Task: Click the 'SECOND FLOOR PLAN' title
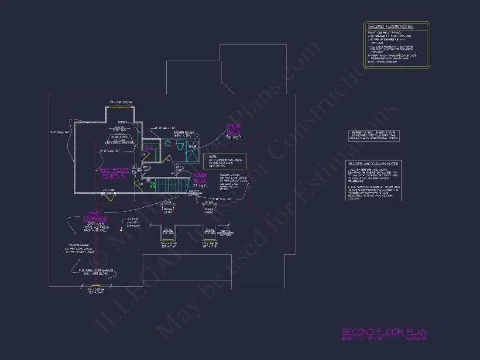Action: pyautogui.click(x=384, y=332)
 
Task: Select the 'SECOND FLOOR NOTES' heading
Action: pyautogui.click(x=391, y=27)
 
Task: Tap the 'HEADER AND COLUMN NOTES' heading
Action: pyautogui.click(x=373, y=164)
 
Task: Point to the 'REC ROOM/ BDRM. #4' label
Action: pyautogui.click(x=114, y=173)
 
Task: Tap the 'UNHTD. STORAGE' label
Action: pyautogui.click(x=95, y=216)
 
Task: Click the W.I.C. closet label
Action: pyautogui.click(x=149, y=148)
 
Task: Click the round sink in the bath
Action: pyautogui.click(x=168, y=143)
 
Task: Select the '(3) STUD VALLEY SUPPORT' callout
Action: pyautogui.click(x=133, y=223)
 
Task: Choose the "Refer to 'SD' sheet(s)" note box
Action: pyautogui.click(x=374, y=135)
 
